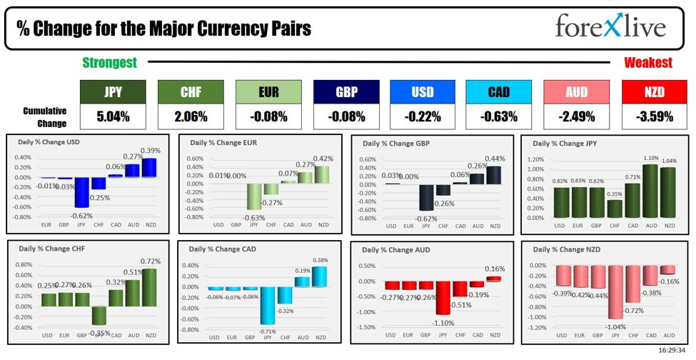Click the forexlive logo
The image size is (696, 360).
point(610,27)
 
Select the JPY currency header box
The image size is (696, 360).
point(113,91)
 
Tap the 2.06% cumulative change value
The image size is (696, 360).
point(189,116)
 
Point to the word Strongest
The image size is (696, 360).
point(109,63)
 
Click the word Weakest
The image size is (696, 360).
point(647,63)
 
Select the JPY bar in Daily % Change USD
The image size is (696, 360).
point(81,192)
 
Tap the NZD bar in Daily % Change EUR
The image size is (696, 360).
point(323,174)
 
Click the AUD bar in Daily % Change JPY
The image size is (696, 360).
point(650,191)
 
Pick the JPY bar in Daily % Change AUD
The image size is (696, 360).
point(443,297)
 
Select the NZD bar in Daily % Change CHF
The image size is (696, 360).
point(150,287)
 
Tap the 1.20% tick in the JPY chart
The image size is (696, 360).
point(535,159)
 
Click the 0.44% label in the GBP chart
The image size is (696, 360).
point(494,159)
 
